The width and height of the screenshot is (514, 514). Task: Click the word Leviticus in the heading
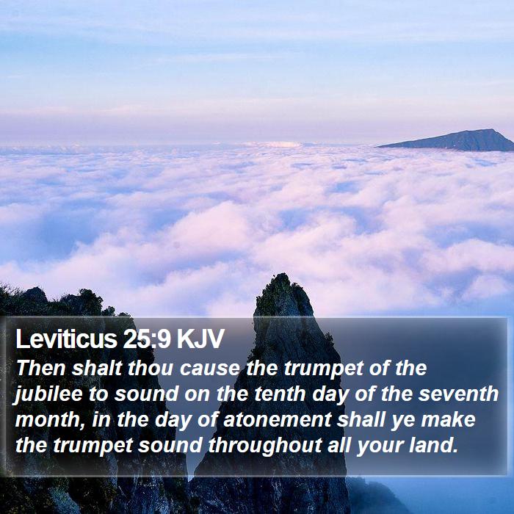67,339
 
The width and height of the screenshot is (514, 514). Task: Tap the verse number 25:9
147,339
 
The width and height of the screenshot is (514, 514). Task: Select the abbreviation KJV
200,339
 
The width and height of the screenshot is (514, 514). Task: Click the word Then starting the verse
40,368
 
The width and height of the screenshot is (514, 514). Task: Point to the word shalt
97,368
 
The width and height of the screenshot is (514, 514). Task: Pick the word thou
151,368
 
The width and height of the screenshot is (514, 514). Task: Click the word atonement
278,420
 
